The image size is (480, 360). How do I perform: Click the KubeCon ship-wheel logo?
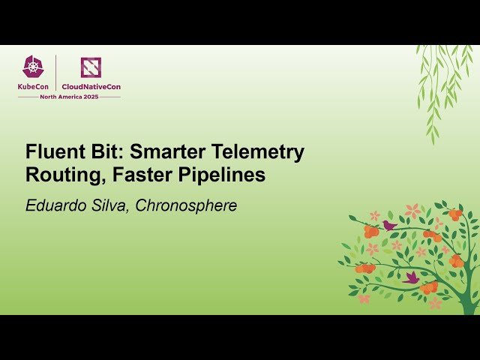(34, 67)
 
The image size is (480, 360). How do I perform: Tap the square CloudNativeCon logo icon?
(91, 67)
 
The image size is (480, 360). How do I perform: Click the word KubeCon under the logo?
(34, 87)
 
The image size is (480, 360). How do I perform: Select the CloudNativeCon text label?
(91, 87)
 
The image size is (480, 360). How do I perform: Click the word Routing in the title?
(59, 175)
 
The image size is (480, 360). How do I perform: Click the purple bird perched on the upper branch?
(388, 225)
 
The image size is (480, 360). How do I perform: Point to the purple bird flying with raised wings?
(410, 277)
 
